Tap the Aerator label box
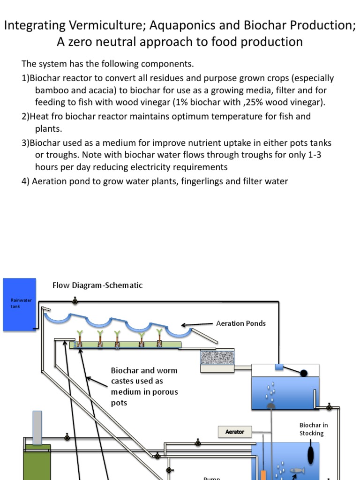(x=235, y=431)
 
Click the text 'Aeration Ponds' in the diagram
(x=240, y=323)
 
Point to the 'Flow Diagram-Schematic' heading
(x=97, y=285)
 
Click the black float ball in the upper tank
(x=304, y=374)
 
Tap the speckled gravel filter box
(x=217, y=357)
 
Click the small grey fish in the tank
(x=297, y=470)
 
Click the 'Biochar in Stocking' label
(x=311, y=429)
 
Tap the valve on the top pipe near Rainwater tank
(x=75, y=300)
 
